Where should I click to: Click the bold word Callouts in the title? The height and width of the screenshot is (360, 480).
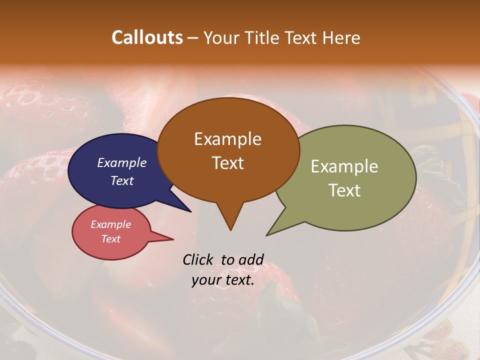click(147, 37)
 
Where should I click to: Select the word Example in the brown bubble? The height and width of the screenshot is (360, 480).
click(227, 139)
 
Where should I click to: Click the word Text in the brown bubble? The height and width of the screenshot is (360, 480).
click(227, 163)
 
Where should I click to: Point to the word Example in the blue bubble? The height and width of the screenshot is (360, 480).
click(121, 162)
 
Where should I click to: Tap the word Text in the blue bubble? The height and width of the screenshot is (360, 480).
click(121, 180)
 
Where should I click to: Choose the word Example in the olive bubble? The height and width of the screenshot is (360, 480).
click(344, 166)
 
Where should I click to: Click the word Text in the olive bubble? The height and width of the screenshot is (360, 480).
click(344, 190)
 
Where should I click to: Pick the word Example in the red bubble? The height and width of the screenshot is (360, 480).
click(110, 224)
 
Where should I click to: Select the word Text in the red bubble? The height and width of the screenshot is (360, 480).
click(110, 239)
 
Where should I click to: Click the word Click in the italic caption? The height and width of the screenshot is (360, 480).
click(199, 259)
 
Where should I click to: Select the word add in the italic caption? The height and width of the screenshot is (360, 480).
click(251, 259)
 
